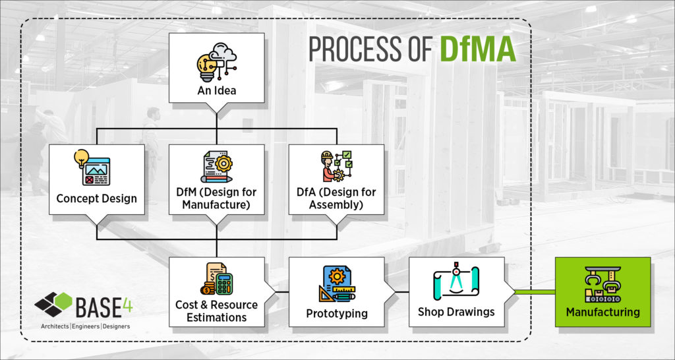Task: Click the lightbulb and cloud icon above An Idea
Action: (x=216, y=61)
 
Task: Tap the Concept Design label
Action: (x=96, y=198)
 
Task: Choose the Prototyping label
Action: (x=337, y=313)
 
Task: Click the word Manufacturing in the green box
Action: (x=602, y=311)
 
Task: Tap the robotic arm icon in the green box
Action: (x=602, y=284)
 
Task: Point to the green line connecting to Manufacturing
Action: (x=535, y=292)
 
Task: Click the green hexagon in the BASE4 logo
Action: (x=63, y=301)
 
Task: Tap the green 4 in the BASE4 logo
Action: (x=127, y=305)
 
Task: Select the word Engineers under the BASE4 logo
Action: (x=86, y=326)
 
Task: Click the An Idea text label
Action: (x=216, y=91)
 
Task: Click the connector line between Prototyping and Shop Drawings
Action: (x=402, y=292)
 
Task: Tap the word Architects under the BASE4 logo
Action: (x=55, y=326)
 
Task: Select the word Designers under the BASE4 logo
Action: (x=116, y=326)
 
